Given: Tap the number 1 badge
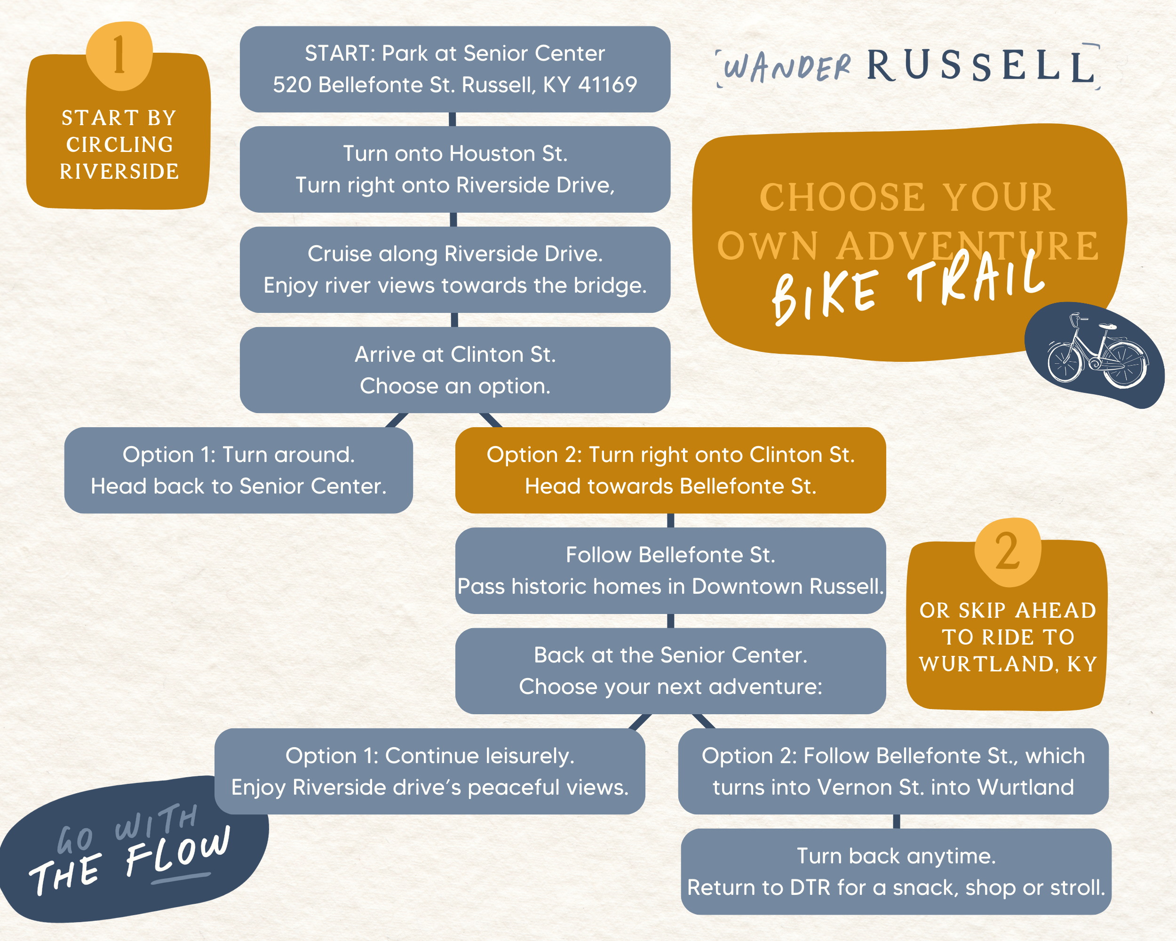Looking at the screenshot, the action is (x=119, y=55).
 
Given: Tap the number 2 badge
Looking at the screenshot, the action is (x=1008, y=551).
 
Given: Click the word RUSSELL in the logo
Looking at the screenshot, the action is (x=980, y=66).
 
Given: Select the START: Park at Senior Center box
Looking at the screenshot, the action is (x=455, y=69).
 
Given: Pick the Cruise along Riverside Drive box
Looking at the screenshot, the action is (x=455, y=270).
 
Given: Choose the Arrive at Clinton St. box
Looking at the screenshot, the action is (x=455, y=370).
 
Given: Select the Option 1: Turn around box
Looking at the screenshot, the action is (x=238, y=470).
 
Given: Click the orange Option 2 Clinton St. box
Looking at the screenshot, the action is (x=670, y=470).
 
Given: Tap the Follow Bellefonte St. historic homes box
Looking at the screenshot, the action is (x=670, y=571).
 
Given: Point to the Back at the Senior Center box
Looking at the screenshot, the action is (x=670, y=671).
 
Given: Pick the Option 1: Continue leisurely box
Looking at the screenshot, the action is (x=430, y=771).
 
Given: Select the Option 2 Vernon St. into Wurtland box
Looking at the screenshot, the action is (x=893, y=771).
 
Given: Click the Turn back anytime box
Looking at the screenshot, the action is (x=896, y=872).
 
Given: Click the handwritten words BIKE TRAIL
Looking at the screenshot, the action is (x=908, y=288).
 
